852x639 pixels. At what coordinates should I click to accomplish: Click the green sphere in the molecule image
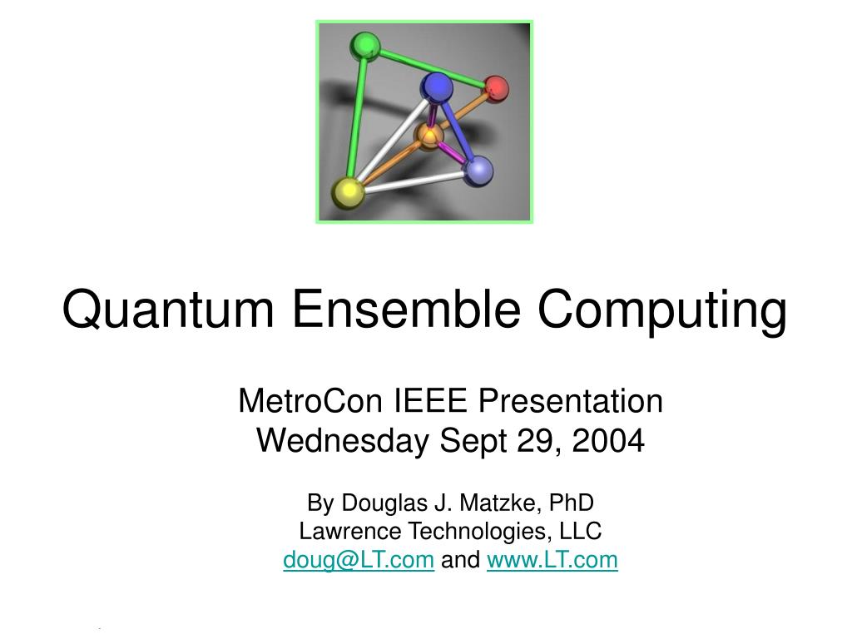click(364, 46)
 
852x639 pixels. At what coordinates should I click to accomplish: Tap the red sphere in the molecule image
click(496, 88)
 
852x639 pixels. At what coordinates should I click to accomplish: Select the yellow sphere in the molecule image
click(348, 192)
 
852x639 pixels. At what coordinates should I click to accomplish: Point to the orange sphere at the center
click(428, 135)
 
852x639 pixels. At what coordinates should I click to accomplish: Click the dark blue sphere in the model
click(436, 87)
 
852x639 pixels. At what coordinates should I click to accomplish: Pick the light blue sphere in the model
click(478, 171)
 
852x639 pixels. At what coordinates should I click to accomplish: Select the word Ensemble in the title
click(409, 310)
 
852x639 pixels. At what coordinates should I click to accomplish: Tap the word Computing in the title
click(661, 310)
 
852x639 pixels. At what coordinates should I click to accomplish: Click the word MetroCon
click(310, 401)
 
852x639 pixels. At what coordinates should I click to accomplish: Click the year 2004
click(612, 440)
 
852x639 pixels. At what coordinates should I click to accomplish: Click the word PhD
click(572, 503)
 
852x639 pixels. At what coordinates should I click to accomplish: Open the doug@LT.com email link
click(359, 560)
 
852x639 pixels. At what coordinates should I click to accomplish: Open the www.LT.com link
click(552, 560)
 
